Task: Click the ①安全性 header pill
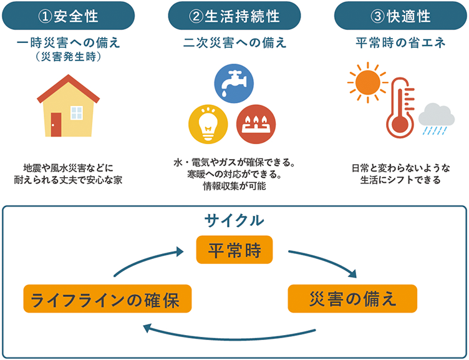68,15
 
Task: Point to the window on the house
77,112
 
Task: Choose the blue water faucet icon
234,82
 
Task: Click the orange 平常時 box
233,250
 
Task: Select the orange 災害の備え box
352,298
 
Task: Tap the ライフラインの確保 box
106,298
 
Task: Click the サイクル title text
234,220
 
